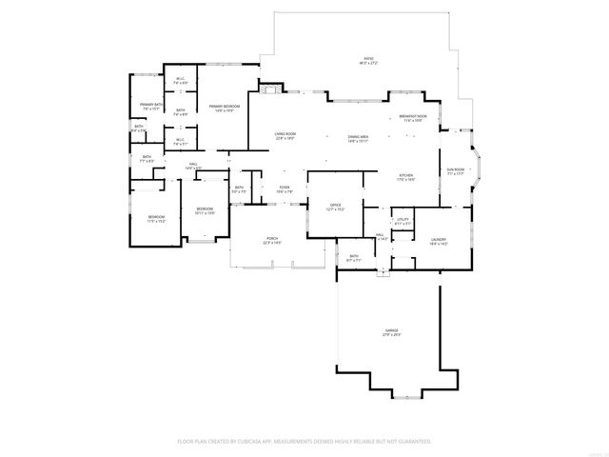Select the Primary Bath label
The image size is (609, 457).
click(151, 105)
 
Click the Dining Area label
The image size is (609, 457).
click(358, 137)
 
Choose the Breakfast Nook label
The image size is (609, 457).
click(413, 118)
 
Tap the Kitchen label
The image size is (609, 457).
click(405, 176)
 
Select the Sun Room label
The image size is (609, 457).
click(456, 170)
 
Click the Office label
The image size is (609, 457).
click(335, 206)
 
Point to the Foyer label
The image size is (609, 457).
click(284, 188)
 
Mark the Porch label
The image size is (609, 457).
click(272, 240)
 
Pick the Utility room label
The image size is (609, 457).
click(403, 221)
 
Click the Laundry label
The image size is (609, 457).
click(438, 241)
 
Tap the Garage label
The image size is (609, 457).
click(391, 331)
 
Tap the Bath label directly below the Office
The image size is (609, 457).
click(353, 257)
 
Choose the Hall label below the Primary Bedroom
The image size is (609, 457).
click(193, 166)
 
